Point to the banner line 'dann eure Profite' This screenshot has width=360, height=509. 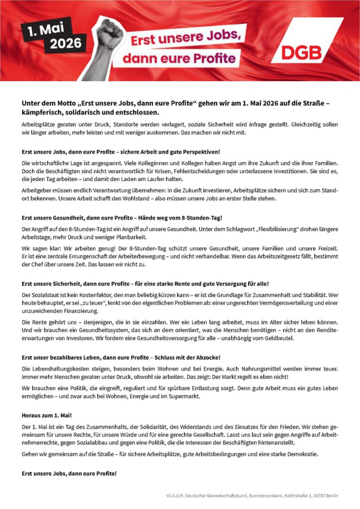click(x=180, y=58)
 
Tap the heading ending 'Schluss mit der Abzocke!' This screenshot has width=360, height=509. click(x=121, y=357)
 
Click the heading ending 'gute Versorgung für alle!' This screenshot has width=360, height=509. click(x=145, y=284)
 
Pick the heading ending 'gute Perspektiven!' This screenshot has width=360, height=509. click(x=121, y=152)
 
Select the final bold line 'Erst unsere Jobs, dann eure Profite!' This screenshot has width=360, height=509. click(x=69, y=473)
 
